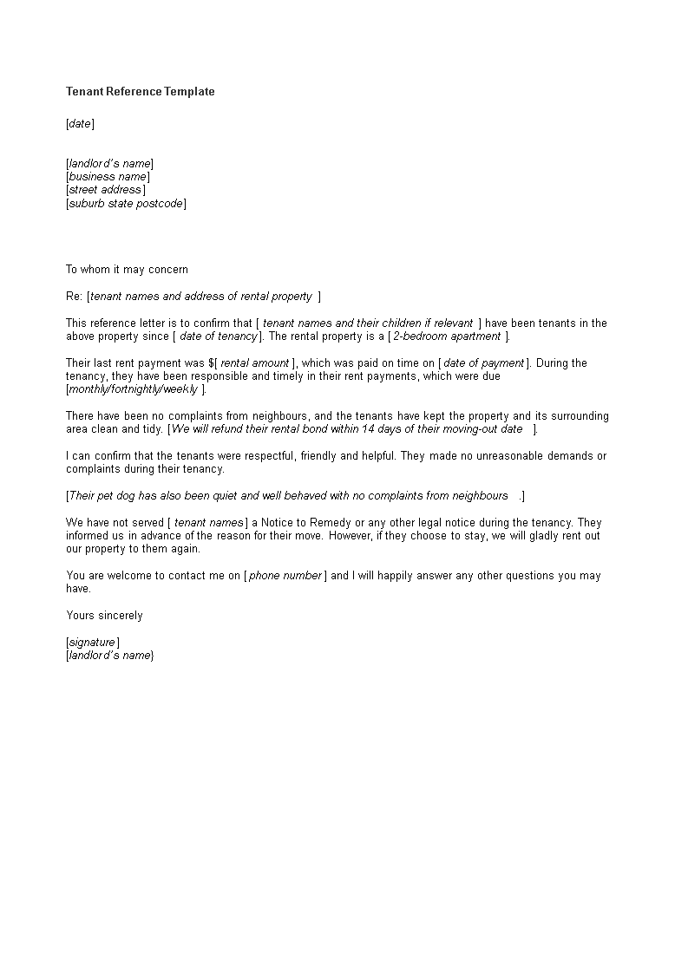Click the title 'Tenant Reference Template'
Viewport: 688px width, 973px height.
coord(140,91)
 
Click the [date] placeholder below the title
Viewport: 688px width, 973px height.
coord(80,123)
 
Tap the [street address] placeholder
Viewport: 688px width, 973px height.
coord(106,190)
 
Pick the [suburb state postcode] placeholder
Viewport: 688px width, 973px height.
coord(126,204)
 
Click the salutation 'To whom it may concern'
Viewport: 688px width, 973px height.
coord(127,270)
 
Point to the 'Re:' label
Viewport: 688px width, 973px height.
coord(74,297)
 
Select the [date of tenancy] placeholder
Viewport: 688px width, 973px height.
coord(218,336)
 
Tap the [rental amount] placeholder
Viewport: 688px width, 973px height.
coord(256,363)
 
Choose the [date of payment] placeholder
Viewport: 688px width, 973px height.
coord(483,363)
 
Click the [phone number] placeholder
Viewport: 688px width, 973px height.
coord(285,576)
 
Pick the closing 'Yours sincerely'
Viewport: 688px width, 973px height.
coord(104,616)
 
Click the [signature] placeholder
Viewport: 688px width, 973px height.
coord(93,643)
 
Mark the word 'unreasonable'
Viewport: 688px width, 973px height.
coord(509,456)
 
